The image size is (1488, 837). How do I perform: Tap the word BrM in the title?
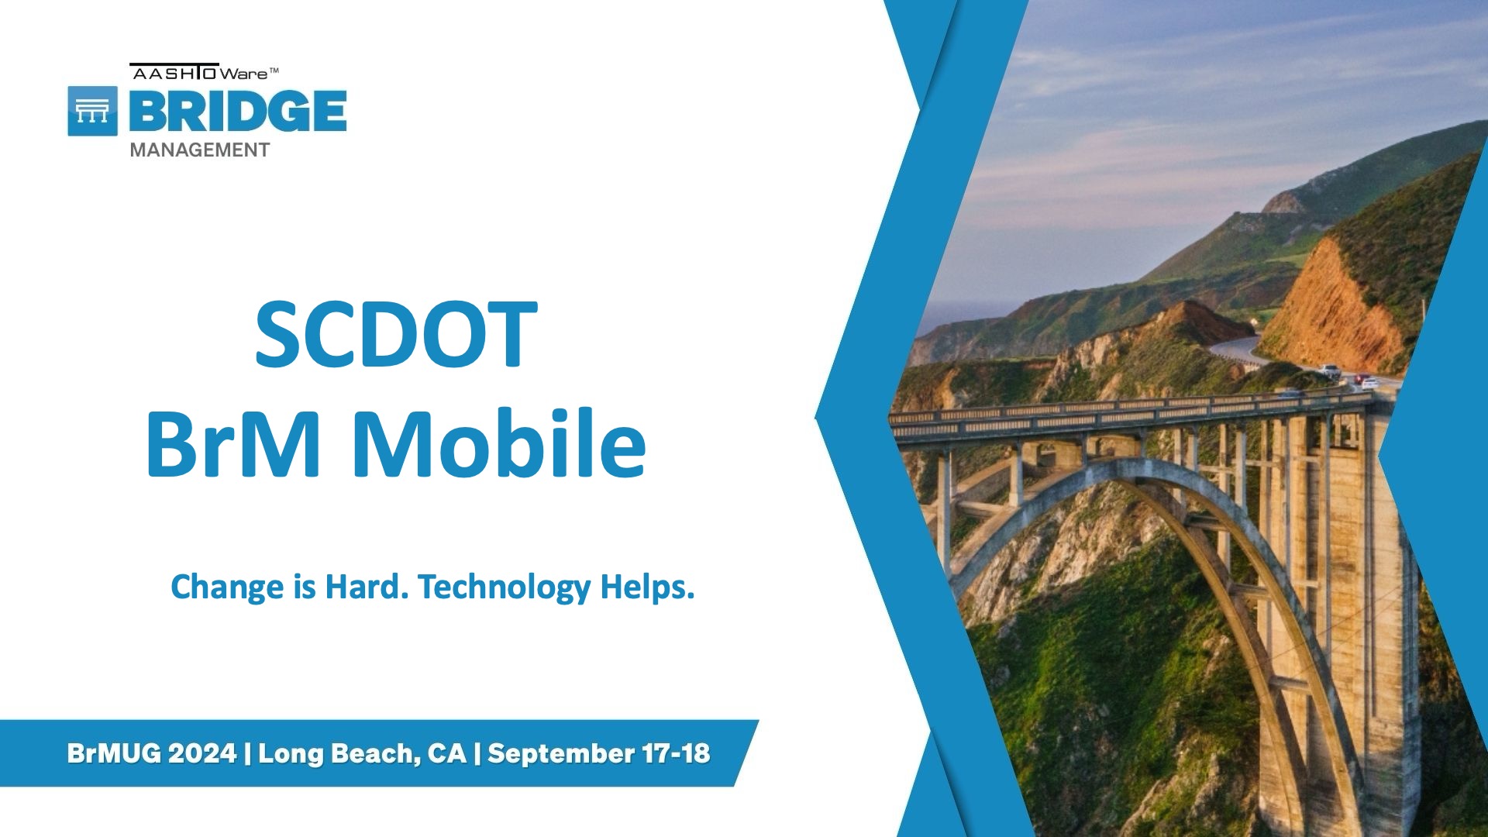pyautogui.click(x=232, y=443)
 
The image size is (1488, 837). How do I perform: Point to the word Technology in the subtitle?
pyautogui.click(x=505, y=588)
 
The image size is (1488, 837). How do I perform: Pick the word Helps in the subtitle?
pyautogui.click(x=648, y=587)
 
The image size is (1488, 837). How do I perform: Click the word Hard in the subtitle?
pyautogui.click(x=367, y=587)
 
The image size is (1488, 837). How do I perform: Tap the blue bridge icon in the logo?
pyautogui.click(x=93, y=111)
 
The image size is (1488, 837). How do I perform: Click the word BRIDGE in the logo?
pyautogui.click(x=238, y=110)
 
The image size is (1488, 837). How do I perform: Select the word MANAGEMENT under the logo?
pyautogui.click(x=200, y=150)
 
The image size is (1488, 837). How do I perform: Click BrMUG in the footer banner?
pyautogui.click(x=114, y=753)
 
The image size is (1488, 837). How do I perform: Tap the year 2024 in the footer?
pyautogui.click(x=202, y=753)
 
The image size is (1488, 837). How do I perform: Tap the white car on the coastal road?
pyautogui.click(x=1331, y=371)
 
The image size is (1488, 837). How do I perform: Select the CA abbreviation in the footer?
pyautogui.click(x=447, y=753)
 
